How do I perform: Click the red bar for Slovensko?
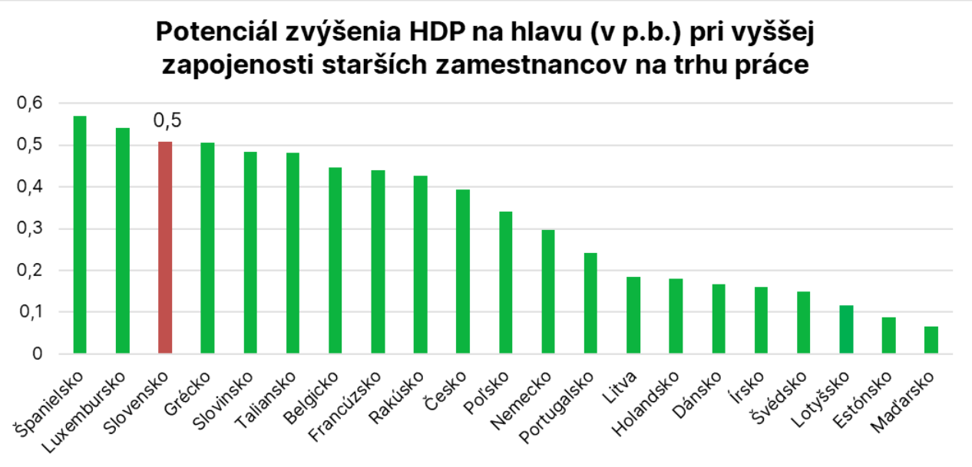[165, 248]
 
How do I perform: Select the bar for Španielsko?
[80, 235]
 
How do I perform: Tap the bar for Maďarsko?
[931, 340]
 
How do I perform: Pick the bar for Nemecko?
[547, 292]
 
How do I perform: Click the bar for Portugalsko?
[590, 304]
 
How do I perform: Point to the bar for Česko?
[462, 271]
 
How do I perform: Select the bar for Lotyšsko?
[845, 330]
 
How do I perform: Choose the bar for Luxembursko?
[123, 241]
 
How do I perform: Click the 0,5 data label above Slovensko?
[167, 121]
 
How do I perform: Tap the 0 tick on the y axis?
[37, 354]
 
